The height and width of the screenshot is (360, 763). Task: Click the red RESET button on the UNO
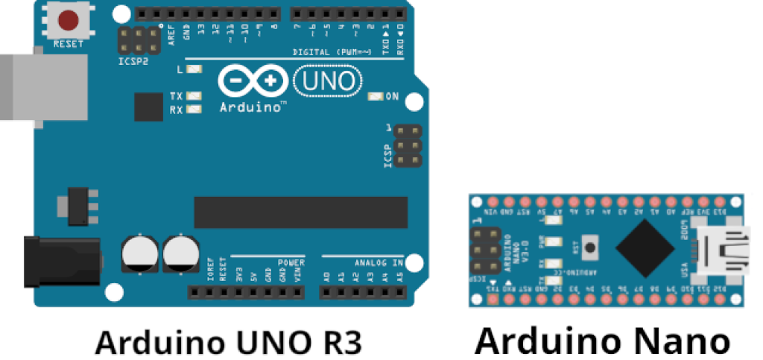coord(69,19)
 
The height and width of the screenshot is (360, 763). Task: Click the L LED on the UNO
coord(195,69)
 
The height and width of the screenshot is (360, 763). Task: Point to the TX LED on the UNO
coord(195,97)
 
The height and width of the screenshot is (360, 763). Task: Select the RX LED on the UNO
coord(195,110)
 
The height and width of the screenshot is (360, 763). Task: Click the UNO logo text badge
coord(328,80)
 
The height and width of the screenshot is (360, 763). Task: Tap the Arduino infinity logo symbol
coord(253,80)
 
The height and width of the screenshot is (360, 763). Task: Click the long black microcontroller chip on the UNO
coord(301,212)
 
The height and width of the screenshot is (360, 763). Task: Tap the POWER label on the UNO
coord(291,262)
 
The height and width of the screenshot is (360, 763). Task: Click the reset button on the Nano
coord(591,247)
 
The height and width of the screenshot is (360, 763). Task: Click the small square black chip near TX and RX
coord(148,107)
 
